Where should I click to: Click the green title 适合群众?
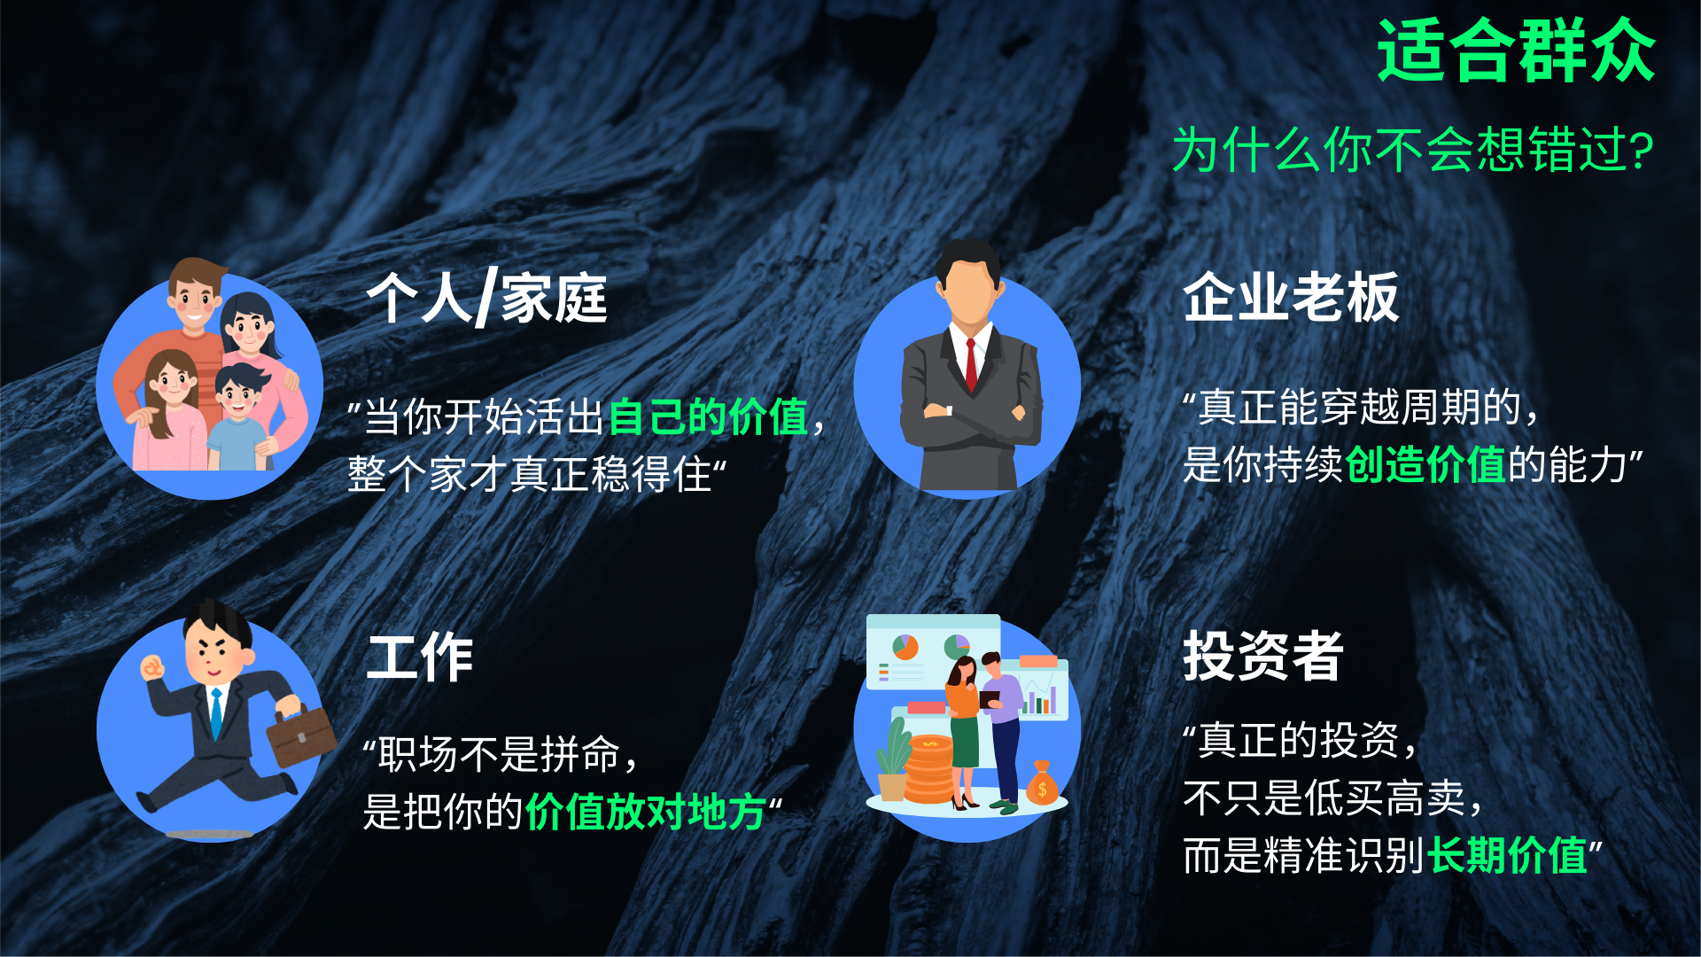(x=1516, y=51)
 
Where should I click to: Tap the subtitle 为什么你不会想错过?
(x=1413, y=149)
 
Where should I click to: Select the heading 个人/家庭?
(x=486, y=298)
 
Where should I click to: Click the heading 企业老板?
(x=1291, y=297)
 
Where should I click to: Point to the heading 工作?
(x=419, y=657)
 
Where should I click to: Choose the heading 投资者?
(x=1263, y=656)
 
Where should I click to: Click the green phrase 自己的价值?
(x=709, y=416)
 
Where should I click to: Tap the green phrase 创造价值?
(x=1425, y=464)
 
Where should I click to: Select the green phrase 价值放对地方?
(x=646, y=812)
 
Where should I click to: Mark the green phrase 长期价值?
(x=1507, y=855)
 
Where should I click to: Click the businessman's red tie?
(x=971, y=363)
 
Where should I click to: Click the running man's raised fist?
(x=153, y=666)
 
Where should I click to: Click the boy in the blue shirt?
(x=237, y=416)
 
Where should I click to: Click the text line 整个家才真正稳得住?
(x=530, y=474)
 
